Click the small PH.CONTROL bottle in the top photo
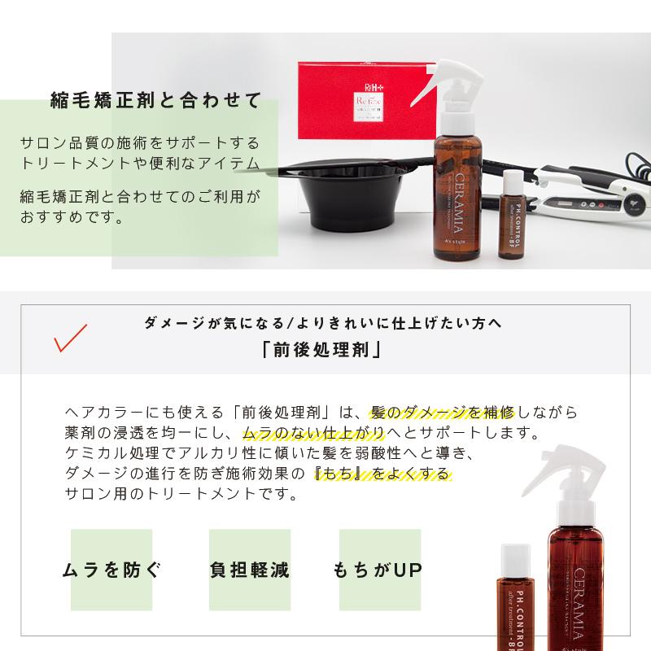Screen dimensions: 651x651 point(513,216)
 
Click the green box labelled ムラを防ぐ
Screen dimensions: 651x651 point(111,569)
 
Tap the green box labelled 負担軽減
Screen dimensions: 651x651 point(249,569)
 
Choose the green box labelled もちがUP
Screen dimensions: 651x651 point(378,569)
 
